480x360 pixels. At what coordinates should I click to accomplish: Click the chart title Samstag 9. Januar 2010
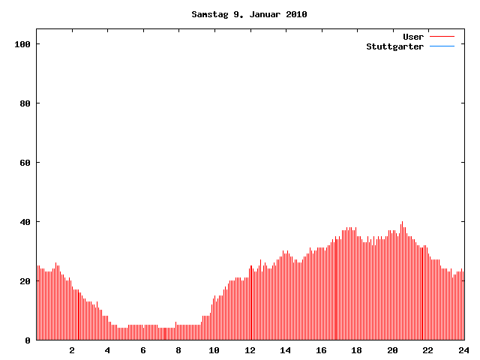point(249,14)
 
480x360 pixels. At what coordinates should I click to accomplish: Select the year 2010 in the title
point(295,14)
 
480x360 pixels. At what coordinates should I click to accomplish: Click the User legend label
point(413,37)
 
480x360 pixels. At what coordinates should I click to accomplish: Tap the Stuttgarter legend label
point(394,46)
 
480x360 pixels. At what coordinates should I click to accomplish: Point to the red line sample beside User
point(442,37)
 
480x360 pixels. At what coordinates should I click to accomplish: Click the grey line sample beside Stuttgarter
point(442,46)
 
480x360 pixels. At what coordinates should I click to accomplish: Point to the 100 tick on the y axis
point(22,44)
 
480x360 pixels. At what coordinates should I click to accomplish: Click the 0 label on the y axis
point(28,340)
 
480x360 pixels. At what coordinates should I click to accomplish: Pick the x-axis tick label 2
point(72,350)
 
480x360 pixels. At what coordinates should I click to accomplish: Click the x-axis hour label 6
point(143,350)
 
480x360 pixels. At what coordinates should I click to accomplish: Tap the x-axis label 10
point(214,350)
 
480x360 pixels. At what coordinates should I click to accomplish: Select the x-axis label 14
point(286,350)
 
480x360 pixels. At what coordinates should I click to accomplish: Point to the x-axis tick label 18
point(357,350)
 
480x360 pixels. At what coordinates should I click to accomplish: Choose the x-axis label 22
point(428,350)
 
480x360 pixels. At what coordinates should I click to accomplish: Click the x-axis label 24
point(463,350)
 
